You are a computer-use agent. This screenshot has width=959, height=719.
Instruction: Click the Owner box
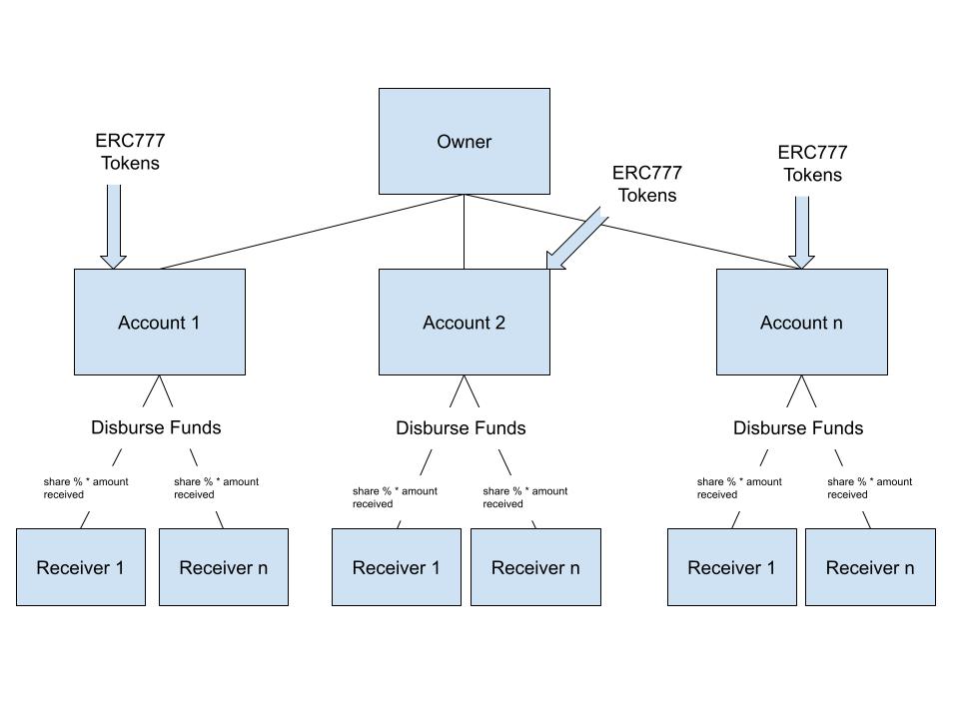point(464,141)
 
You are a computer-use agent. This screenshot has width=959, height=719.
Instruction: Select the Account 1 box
point(160,322)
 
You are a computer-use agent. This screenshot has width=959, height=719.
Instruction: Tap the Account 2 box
point(464,322)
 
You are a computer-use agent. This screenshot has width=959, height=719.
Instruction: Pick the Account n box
point(801,322)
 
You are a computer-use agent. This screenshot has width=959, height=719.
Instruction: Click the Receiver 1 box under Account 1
point(80,567)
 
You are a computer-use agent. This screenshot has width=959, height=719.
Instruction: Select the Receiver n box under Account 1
point(223,567)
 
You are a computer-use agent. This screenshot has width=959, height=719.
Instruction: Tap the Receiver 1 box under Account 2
point(396,567)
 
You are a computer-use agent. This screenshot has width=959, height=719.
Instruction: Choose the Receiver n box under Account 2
point(535,567)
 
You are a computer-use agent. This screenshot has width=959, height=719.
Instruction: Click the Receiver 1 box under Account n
point(731,567)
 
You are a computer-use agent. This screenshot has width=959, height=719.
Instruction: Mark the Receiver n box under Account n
point(870,567)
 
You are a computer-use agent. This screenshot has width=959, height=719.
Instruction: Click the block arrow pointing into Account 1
point(114,226)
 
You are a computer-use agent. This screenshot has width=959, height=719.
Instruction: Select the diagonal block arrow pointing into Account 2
point(576,239)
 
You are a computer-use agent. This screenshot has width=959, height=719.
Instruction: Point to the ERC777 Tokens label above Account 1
point(130,152)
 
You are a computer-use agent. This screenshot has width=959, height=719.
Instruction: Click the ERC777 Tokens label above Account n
point(812,164)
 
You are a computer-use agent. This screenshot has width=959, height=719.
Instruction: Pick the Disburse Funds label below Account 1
point(156,427)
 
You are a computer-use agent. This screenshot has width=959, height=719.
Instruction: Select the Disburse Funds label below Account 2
point(461,427)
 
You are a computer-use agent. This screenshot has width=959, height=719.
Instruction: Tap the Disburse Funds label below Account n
point(798,427)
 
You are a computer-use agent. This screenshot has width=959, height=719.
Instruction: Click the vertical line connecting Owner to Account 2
point(464,232)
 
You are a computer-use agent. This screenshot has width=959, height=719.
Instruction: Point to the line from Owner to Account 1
point(310,232)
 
